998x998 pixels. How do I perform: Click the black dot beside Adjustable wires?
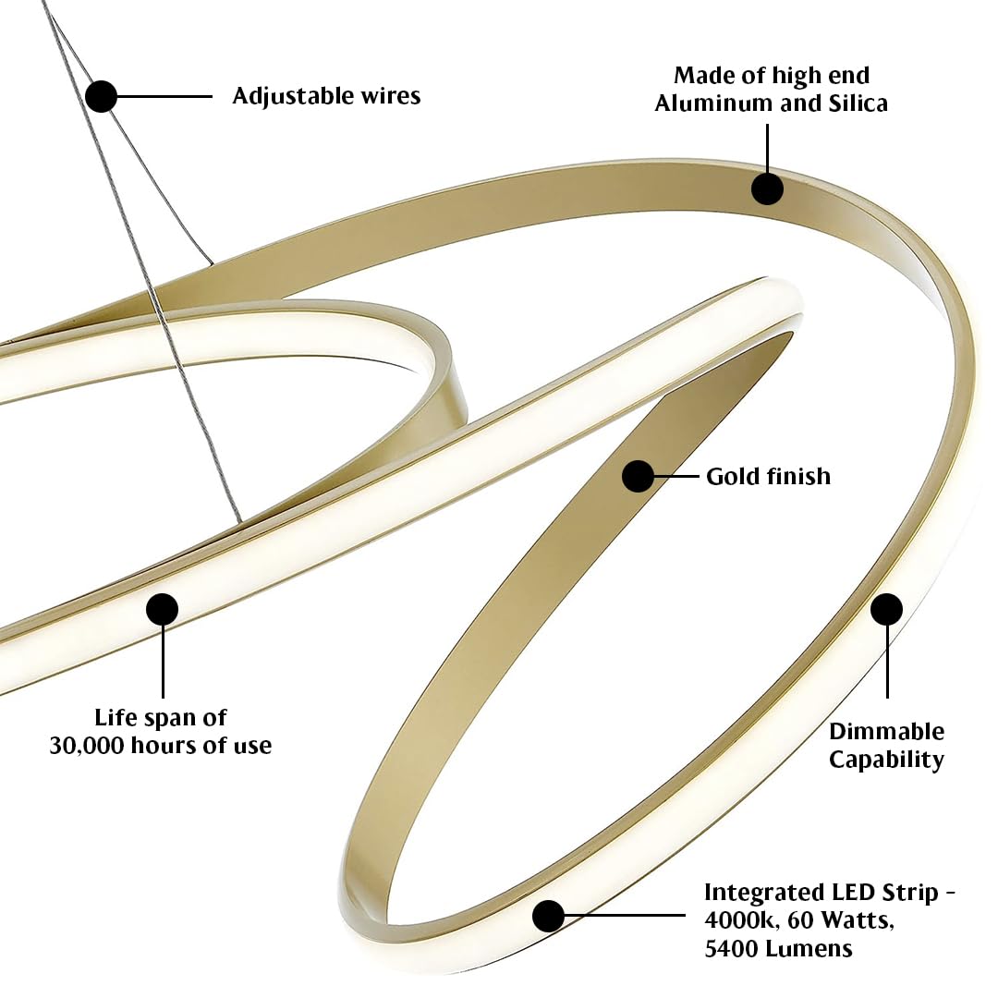click(x=101, y=97)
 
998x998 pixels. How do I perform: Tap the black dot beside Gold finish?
click(x=638, y=476)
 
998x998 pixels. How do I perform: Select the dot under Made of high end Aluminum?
click(x=767, y=189)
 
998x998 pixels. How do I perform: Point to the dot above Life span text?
click(x=163, y=610)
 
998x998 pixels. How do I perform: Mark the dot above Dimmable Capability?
click(x=886, y=610)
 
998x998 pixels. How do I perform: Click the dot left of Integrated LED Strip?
click(x=549, y=916)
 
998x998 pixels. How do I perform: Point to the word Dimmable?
click(x=886, y=731)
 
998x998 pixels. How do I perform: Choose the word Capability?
click(x=886, y=760)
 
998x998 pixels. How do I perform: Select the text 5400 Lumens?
click(x=778, y=949)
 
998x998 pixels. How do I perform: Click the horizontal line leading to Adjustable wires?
click(x=164, y=97)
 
